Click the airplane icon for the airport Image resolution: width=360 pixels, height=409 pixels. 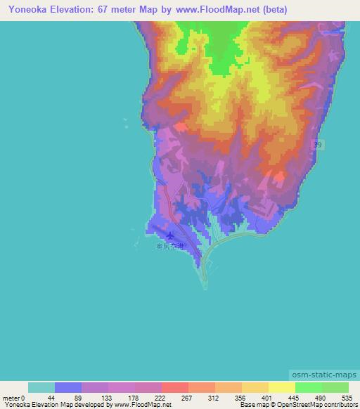(170, 236)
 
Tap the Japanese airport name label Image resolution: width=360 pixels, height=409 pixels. (169, 247)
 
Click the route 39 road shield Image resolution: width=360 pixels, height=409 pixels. (317, 144)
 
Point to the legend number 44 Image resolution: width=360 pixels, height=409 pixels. (51, 398)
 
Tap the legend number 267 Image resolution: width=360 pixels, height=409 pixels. (186, 398)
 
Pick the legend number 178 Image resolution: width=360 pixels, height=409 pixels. (132, 398)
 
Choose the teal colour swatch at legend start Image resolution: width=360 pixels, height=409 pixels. (41, 387)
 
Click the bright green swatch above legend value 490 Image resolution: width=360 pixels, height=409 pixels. (308, 387)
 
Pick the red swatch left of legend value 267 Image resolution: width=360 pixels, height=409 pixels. (174, 387)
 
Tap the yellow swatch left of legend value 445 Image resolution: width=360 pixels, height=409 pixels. (281, 387)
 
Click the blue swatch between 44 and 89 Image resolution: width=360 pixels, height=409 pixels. (67, 387)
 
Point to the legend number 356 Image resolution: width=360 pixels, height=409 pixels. (240, 398)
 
